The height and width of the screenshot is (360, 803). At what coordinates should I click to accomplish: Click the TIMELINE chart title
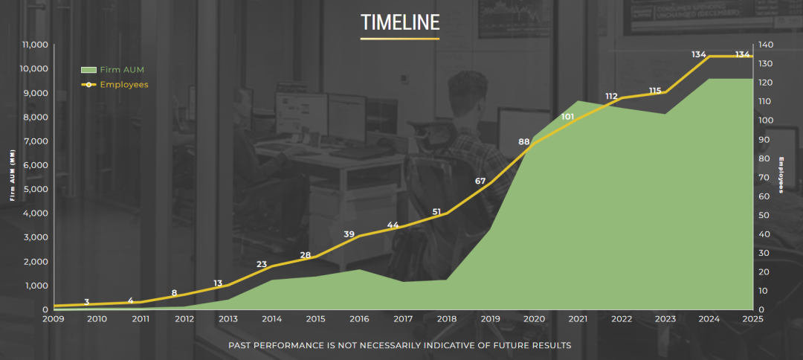point(400,22)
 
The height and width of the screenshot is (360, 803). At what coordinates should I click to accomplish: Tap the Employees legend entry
point(115,85)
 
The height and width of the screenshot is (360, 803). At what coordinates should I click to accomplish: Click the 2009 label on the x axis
point(54,319)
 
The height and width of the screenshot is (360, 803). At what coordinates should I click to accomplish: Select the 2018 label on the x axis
point(447,319)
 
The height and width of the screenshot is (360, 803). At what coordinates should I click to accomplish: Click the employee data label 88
point(523,142)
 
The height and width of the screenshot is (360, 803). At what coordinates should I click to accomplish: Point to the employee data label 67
point(480,181)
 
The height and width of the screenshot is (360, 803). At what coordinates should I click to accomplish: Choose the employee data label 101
point(567,117)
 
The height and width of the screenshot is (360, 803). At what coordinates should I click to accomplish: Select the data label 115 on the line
point(655,91)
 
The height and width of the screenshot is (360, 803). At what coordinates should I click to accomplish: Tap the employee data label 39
point(349,234)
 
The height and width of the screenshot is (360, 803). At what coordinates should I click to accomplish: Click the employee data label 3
point(86,302)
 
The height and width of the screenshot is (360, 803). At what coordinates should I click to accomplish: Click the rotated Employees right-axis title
point(781,175)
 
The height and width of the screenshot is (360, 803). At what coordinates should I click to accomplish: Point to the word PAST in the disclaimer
point(240,346)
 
